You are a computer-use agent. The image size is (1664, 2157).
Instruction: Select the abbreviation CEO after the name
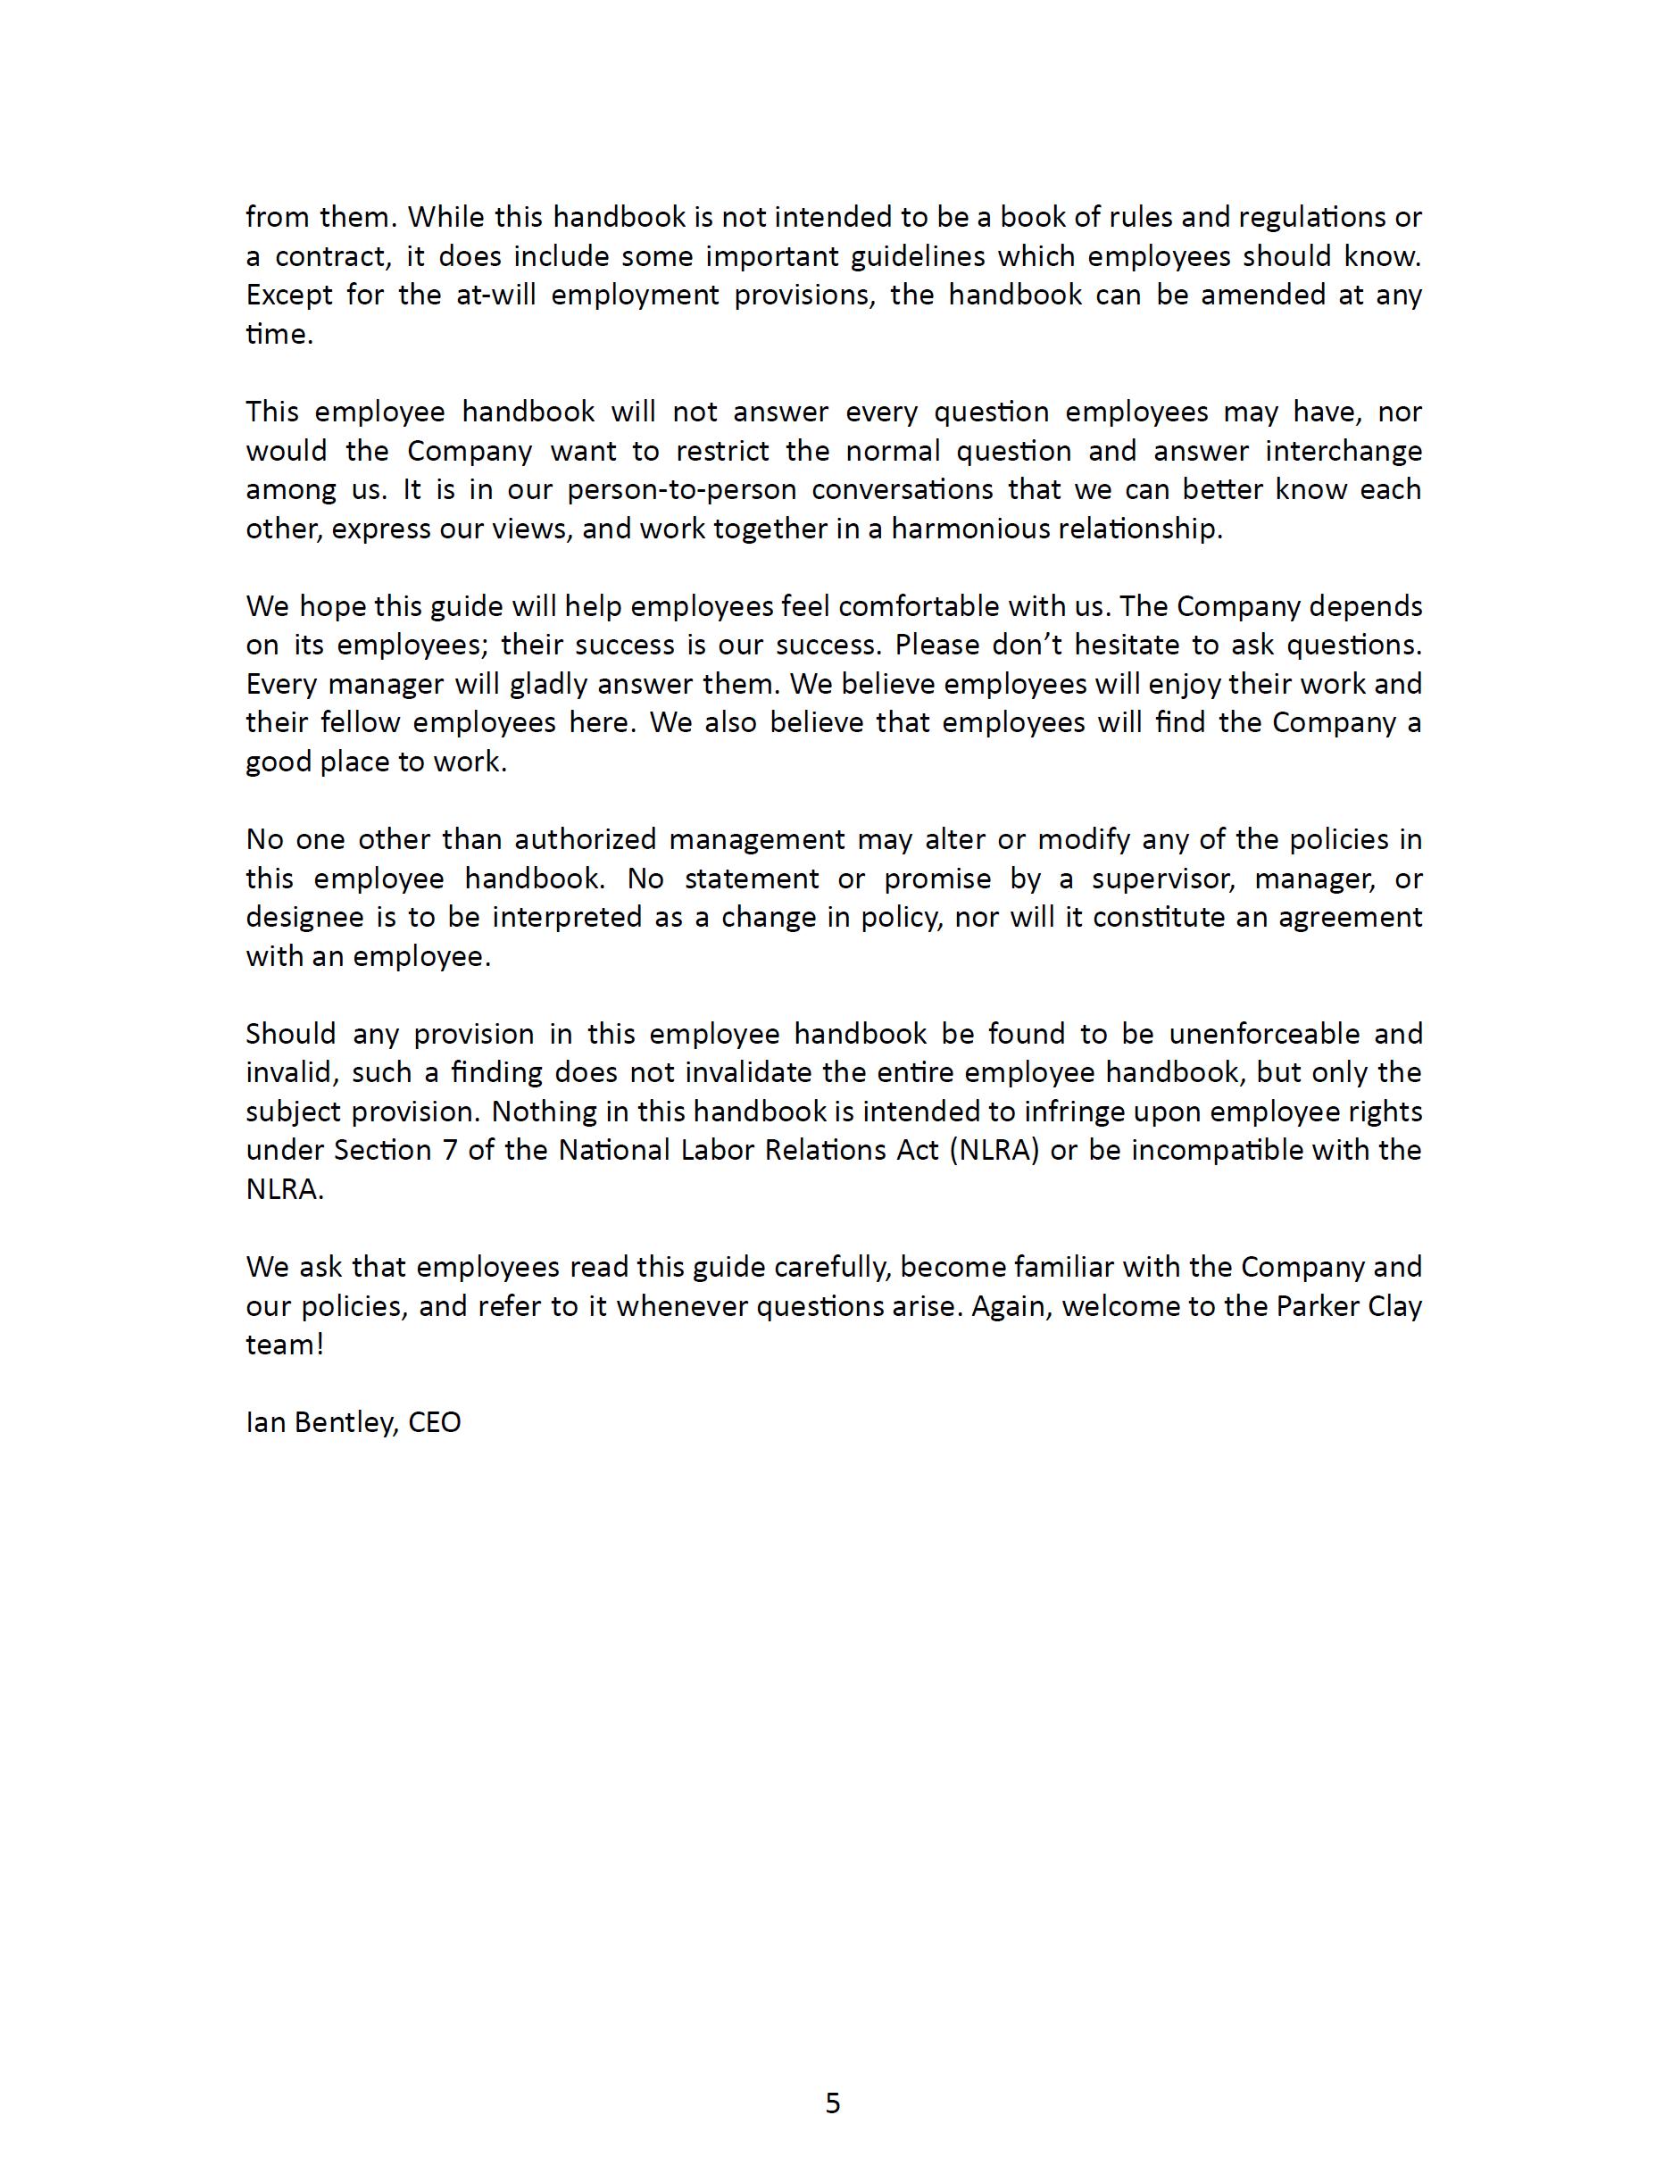tap(435, 1422)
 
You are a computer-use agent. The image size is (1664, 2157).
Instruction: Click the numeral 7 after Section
tap(450, 1151)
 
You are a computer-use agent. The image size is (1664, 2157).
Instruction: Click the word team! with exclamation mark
tap(285, 1345)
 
